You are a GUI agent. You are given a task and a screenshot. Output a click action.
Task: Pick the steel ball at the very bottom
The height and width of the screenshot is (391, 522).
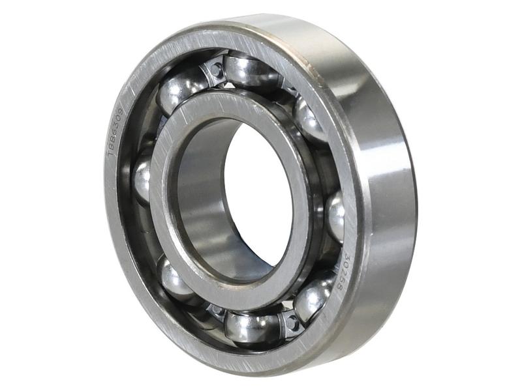[x=251, y=325]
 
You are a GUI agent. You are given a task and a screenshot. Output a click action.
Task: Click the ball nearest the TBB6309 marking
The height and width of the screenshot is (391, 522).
[x=142, y=179]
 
